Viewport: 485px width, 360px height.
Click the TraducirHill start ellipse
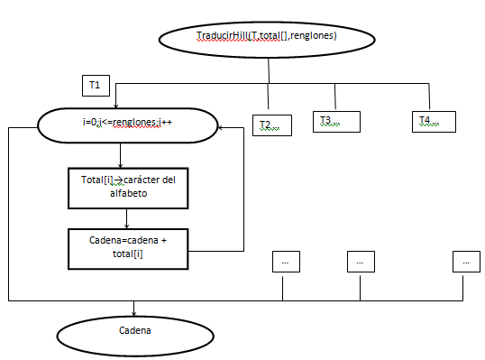pyautogui.click(x=266, y=37)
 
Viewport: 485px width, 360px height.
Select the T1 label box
pyautogui.click(x=95, y=85)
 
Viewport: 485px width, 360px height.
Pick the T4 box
pyautogui.click(x=432, y=120)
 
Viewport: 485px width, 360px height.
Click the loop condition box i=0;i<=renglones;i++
pyautogui.click(x=126, y=126)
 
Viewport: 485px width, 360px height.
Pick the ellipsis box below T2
pyautogui.click(x=285, y=262)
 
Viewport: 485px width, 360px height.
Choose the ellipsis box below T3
pyautogui.click(x=360, y=262)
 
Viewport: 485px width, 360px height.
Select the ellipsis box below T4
pyautogui.click(x=466, y=262)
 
